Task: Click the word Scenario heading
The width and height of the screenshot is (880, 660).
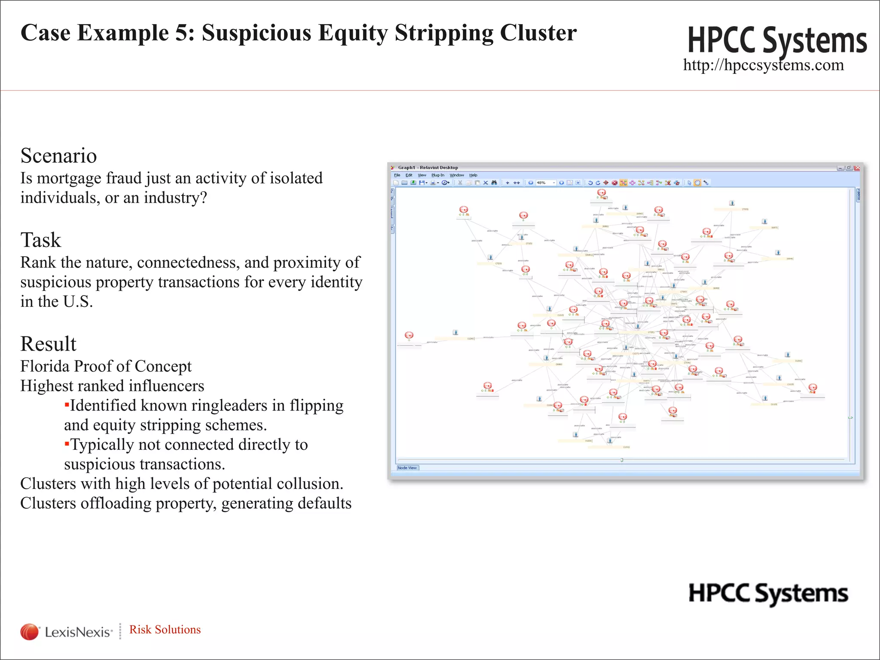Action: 58,156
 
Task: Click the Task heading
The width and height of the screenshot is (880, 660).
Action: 41,240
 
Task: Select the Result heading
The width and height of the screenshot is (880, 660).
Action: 48,344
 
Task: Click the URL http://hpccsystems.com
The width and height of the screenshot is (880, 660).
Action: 763,65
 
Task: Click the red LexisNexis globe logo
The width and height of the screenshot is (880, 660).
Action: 29,632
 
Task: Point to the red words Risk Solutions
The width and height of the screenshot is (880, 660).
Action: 165,629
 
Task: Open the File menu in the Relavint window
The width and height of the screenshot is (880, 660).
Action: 397,175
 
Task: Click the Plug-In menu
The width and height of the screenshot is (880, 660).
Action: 438,175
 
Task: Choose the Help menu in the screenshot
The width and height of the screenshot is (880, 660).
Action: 473,175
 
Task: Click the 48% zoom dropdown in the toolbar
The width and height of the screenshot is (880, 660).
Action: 545,183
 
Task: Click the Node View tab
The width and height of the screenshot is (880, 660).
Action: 407,468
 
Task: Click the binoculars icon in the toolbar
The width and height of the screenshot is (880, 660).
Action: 494,183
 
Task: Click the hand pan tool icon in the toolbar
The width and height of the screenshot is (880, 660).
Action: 697,183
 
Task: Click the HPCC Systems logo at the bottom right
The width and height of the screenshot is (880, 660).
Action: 768,594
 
